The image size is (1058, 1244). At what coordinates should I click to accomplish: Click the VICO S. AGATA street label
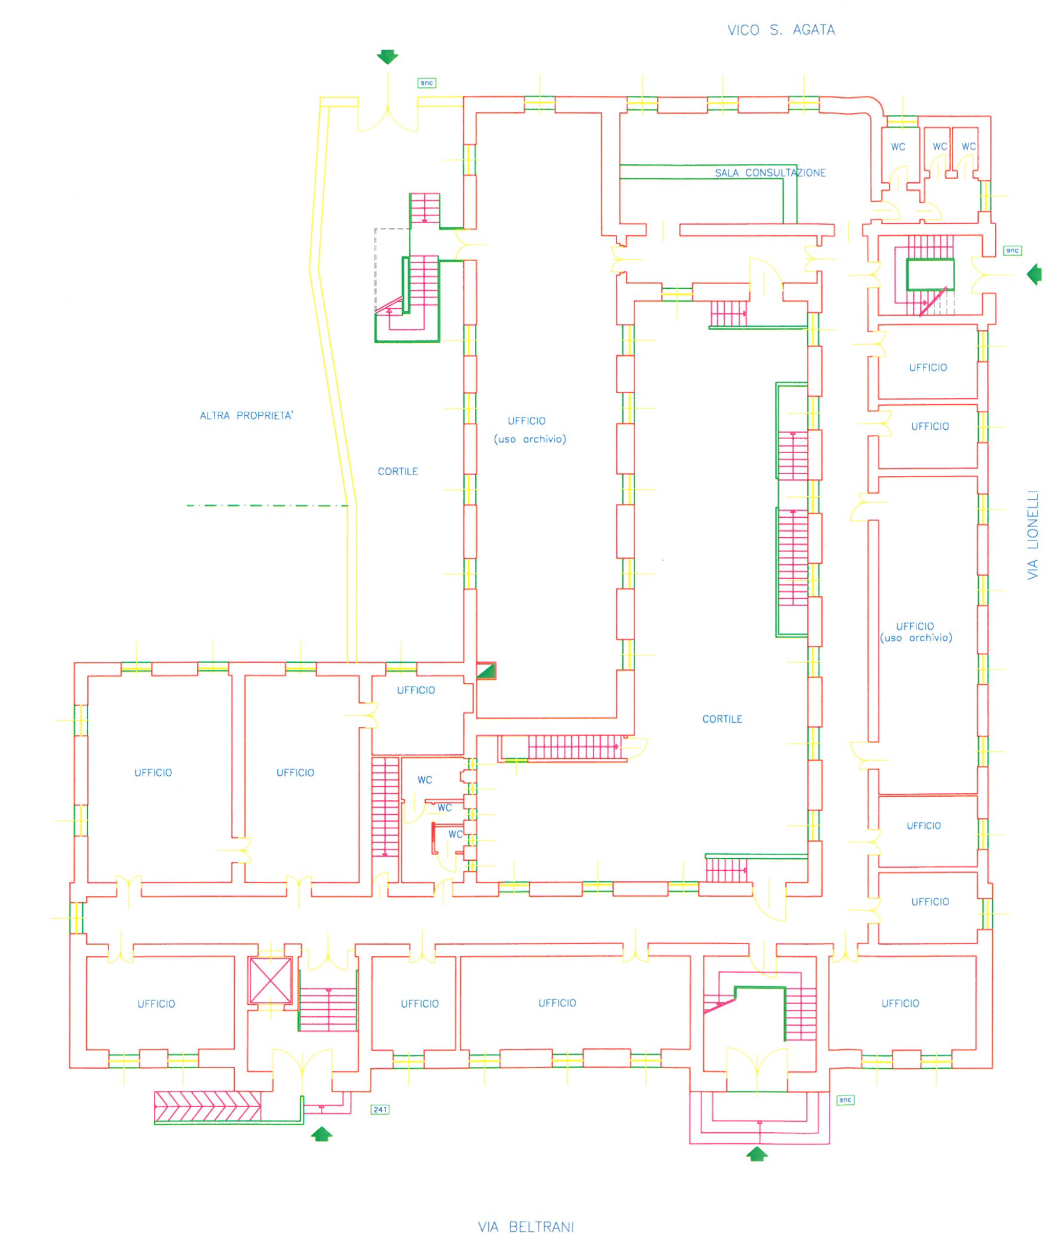[781, 30]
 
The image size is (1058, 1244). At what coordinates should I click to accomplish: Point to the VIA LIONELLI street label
[1032, 535]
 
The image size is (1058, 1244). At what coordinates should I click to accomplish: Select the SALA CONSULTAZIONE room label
[770, 172]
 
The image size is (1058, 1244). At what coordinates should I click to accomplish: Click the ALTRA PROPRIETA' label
[246, 415]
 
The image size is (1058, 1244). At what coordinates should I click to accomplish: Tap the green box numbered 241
[380, 1109]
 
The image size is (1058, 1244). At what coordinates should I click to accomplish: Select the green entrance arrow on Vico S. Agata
[387, 57]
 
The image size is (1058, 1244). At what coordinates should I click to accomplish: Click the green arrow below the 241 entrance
[322, 1133]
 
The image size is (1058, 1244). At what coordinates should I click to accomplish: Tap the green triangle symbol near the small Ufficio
[486, 671]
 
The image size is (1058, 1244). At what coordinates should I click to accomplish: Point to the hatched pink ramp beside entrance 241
[207, 1106]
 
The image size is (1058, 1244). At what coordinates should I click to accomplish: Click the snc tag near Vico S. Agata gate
[426, 83]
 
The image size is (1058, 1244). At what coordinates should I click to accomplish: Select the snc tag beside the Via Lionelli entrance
[1013, 250]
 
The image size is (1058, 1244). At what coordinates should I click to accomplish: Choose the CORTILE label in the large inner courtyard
[722, 719]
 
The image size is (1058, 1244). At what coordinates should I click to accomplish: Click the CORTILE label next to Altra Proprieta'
[398, 471]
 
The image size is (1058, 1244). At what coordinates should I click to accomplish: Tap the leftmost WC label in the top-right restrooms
[898, 147]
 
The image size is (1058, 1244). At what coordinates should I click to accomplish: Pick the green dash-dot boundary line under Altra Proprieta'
[267, 506]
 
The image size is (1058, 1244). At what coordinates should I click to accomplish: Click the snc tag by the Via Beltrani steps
[845, 1100]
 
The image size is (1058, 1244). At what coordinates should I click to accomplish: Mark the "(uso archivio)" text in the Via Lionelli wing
[916, 638]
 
